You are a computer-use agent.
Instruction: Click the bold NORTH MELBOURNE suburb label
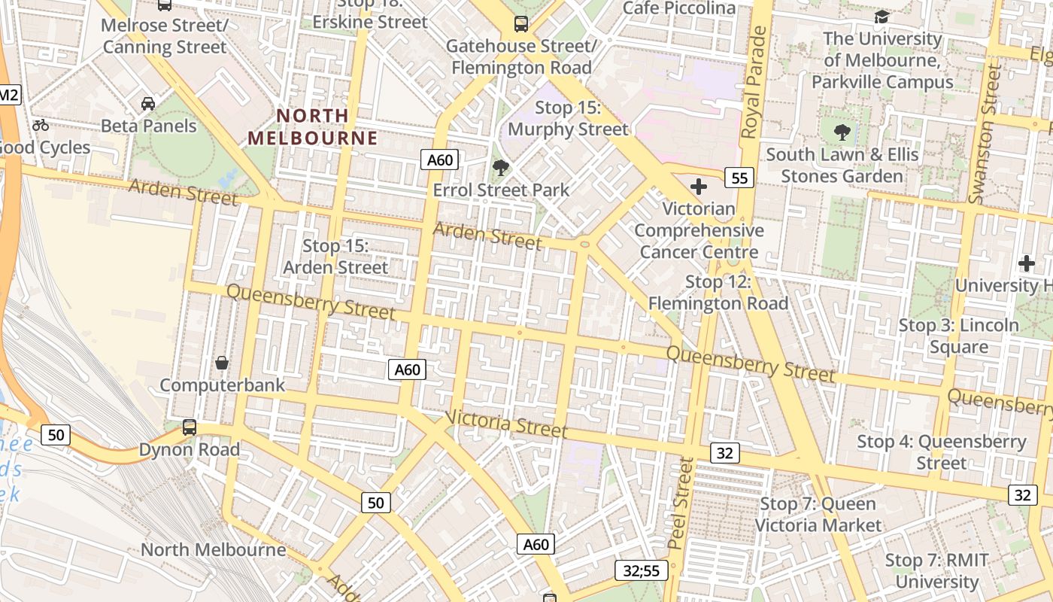[313, 127]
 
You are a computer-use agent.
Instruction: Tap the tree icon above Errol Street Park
[499, 167]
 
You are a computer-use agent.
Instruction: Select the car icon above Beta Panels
[148, 103]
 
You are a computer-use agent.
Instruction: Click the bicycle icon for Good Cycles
[41, 125]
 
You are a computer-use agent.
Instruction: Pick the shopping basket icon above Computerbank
[222, 363]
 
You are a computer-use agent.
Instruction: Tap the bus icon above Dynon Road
[190, 427]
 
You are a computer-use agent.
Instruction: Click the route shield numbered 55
[739, 178]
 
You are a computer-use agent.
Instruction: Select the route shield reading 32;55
[642, 570]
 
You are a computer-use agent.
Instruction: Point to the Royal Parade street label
[754, 83]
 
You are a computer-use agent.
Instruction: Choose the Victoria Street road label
[506, 424]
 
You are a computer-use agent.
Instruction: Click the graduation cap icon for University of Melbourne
[882, 17]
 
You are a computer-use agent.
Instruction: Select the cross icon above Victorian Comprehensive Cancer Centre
[699, 186]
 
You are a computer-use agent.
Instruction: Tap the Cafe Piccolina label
[679, 8]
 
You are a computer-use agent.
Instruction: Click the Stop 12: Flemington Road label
[718, 293]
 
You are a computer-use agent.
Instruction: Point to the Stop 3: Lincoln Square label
[959, 336]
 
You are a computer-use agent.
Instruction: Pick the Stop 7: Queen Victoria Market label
[818, 514]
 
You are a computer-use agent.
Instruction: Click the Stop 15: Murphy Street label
[568, 118]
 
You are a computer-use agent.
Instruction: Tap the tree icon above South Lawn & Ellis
[842, 132]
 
